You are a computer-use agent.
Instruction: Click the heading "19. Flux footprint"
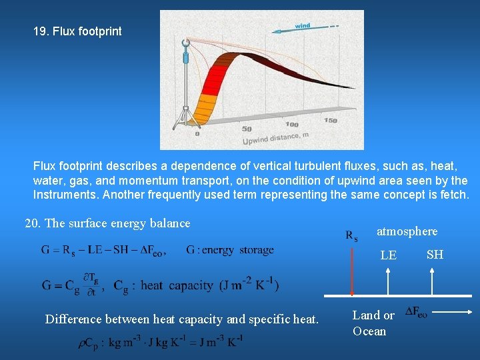pyautogui.click(x=77, y=31)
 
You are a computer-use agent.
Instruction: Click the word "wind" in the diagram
pyautogui.click(x=302, y=26)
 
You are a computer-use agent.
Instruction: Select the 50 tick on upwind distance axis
pyautogui.click(x=247, y=129)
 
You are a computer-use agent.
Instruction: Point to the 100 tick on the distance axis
pyautogui.click(x=292, y=124)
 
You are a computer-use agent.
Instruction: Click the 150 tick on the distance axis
pyautogui.click(x=331, y=121)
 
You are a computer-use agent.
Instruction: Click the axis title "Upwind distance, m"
pyautogui.click(x=275, y=137)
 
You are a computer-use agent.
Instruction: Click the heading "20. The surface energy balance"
pyautogui.click(x=107, y=223)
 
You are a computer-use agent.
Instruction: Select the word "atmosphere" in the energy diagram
pyautogui.click(x=407, y=231)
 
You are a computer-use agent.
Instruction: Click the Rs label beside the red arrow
pyautogui.click(x=351, y=235)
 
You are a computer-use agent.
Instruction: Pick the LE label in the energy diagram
pyautogui.click(x=388, y=255)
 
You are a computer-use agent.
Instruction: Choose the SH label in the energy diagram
pyautogui.click(x=435, y=254)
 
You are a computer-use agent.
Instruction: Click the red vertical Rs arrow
pyautogui.click(x=352, y=270)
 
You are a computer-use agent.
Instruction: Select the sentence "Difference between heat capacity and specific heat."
pyautogui.click(x=181, y=319)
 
